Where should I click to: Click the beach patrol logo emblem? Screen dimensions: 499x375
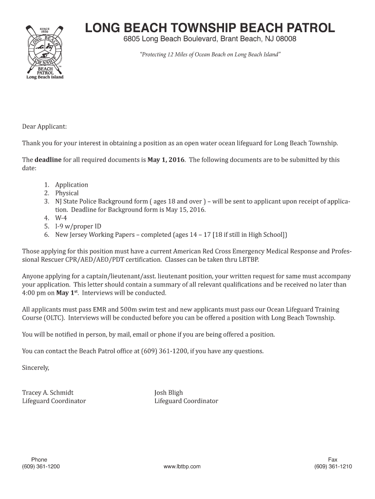tap(44, 51)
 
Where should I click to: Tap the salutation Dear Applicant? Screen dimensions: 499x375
tap(44, 127)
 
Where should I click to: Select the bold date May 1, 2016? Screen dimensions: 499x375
tap(166, 160)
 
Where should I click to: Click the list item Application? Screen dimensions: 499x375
tap(72, 185)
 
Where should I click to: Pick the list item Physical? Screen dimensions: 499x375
tap(67, 193)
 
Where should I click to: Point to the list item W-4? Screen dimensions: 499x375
tap(61, 218)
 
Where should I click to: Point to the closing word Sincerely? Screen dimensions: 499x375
tap(36, 367)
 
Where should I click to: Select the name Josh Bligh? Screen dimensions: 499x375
tap(169, 392)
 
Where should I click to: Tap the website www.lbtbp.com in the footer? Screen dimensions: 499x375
tap(182, 466)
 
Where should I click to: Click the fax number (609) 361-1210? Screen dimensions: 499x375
tap(333, 466)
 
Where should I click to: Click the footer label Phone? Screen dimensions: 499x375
tap(39, 460)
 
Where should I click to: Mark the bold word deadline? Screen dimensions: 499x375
tap(48, 160)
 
